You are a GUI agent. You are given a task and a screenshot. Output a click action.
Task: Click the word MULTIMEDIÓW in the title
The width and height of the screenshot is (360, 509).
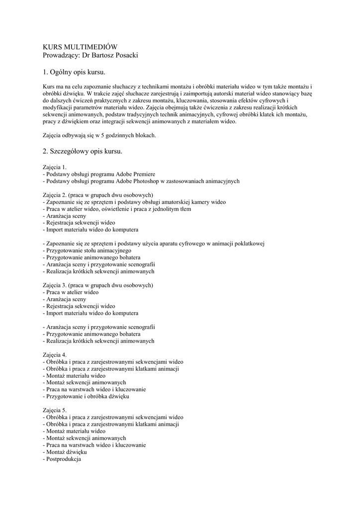coord(89,47)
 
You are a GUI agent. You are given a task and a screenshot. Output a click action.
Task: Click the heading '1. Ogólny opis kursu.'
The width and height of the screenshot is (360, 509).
coord(74,73)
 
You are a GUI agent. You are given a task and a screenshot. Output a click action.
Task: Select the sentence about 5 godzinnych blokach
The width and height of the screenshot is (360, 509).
coord(99,135)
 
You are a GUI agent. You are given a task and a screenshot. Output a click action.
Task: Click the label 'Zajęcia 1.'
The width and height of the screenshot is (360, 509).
coord(55,168)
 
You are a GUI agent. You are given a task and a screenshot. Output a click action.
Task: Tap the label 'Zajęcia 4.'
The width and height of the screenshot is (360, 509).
coord(55,355)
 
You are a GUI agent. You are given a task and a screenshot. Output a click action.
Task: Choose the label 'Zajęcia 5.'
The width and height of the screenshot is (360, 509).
coord(55,411)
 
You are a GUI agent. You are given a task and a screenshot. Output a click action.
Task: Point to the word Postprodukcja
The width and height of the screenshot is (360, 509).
coord(63,459)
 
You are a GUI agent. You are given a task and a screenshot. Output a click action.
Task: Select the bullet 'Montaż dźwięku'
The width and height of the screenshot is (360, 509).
coord(66,452)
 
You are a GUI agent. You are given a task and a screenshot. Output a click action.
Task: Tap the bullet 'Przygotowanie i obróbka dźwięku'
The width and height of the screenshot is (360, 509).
coord(88,397)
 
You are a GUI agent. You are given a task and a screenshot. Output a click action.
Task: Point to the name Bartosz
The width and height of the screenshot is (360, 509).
coord(101,55)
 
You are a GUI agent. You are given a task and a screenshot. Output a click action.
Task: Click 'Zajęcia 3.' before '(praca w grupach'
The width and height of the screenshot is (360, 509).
coord(55,285)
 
